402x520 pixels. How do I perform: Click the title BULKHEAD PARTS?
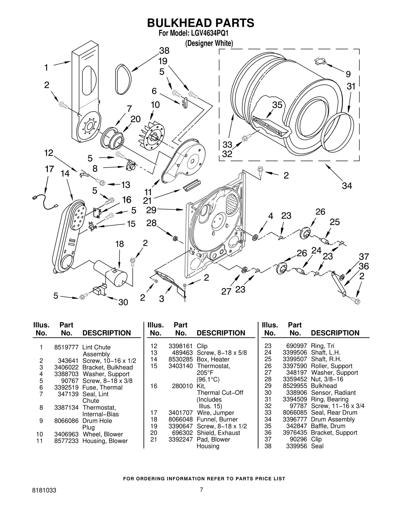[x=200, y=23]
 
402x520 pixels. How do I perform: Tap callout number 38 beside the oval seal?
[x=164, y=51]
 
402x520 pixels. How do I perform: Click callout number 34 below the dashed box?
[x=347, y=186]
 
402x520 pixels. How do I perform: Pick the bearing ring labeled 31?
[x=338, y=133]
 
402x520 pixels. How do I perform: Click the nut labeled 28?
[x=174, y=238]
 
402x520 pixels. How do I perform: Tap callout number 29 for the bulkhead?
[x=151, y=210]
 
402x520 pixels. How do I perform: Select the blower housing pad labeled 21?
[x=192, y=186]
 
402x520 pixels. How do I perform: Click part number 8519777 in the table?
[x=66, y=347]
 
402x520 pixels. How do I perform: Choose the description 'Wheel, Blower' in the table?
[x=103, y=434]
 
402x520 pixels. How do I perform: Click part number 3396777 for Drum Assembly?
[x=295, y=419]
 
